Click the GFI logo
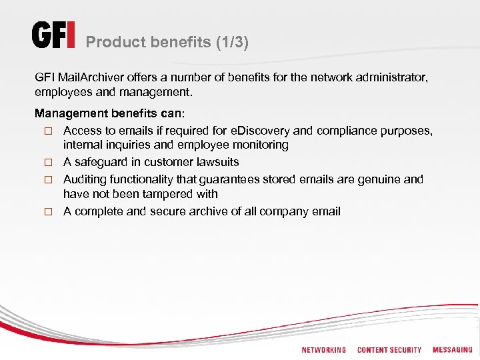54,36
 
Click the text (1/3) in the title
232,43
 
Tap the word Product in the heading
113,43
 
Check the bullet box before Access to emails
48,131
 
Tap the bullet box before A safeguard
48,163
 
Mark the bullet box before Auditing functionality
48,180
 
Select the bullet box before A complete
48,212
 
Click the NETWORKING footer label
323,350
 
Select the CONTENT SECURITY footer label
389,350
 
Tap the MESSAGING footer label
452,350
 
